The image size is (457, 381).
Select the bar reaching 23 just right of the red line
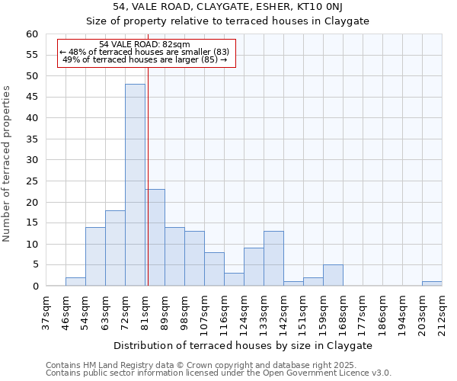[x=155, y=237]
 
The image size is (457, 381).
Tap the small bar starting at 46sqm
[x=75, y=281]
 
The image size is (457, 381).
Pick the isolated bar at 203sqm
[x=432, y=283]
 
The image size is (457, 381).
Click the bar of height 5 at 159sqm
[x=333, y=275]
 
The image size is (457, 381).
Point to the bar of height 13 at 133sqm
[x=273, y=258]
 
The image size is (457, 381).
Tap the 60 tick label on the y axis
[x=31, y=34]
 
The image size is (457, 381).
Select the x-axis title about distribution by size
[x=244, y=345]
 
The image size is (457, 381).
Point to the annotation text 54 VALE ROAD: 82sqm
[x=145, y=44]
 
